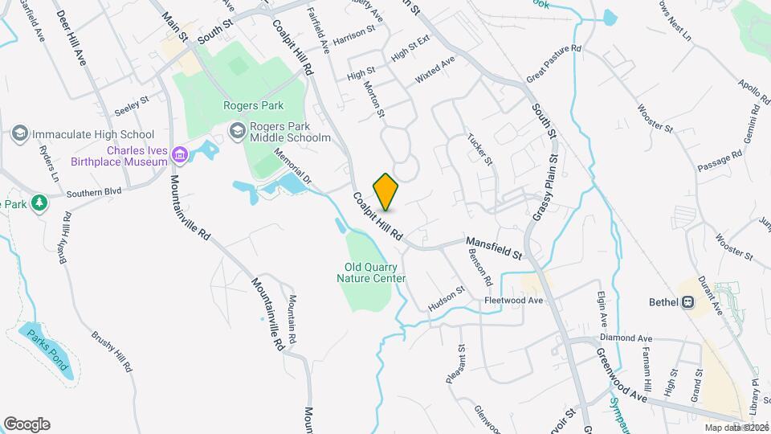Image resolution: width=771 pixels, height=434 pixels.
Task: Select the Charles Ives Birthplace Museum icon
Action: [x=179, y=153]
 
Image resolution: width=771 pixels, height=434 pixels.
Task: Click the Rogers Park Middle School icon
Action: [x=238, y=129]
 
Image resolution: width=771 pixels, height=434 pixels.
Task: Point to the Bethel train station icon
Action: [x=687, y=302]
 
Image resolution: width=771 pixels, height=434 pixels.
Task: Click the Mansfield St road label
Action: [x=495, y=248]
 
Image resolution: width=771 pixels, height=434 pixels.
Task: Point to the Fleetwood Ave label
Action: [x=514, y=301]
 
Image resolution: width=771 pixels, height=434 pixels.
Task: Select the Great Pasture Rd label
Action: [x=553, y=61]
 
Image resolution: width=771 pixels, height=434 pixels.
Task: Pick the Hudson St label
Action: [x=447, y=299]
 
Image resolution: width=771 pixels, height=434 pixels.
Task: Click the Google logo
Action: [x=27, y=424]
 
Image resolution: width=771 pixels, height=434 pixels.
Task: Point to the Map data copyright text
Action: [x=736, y=428]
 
